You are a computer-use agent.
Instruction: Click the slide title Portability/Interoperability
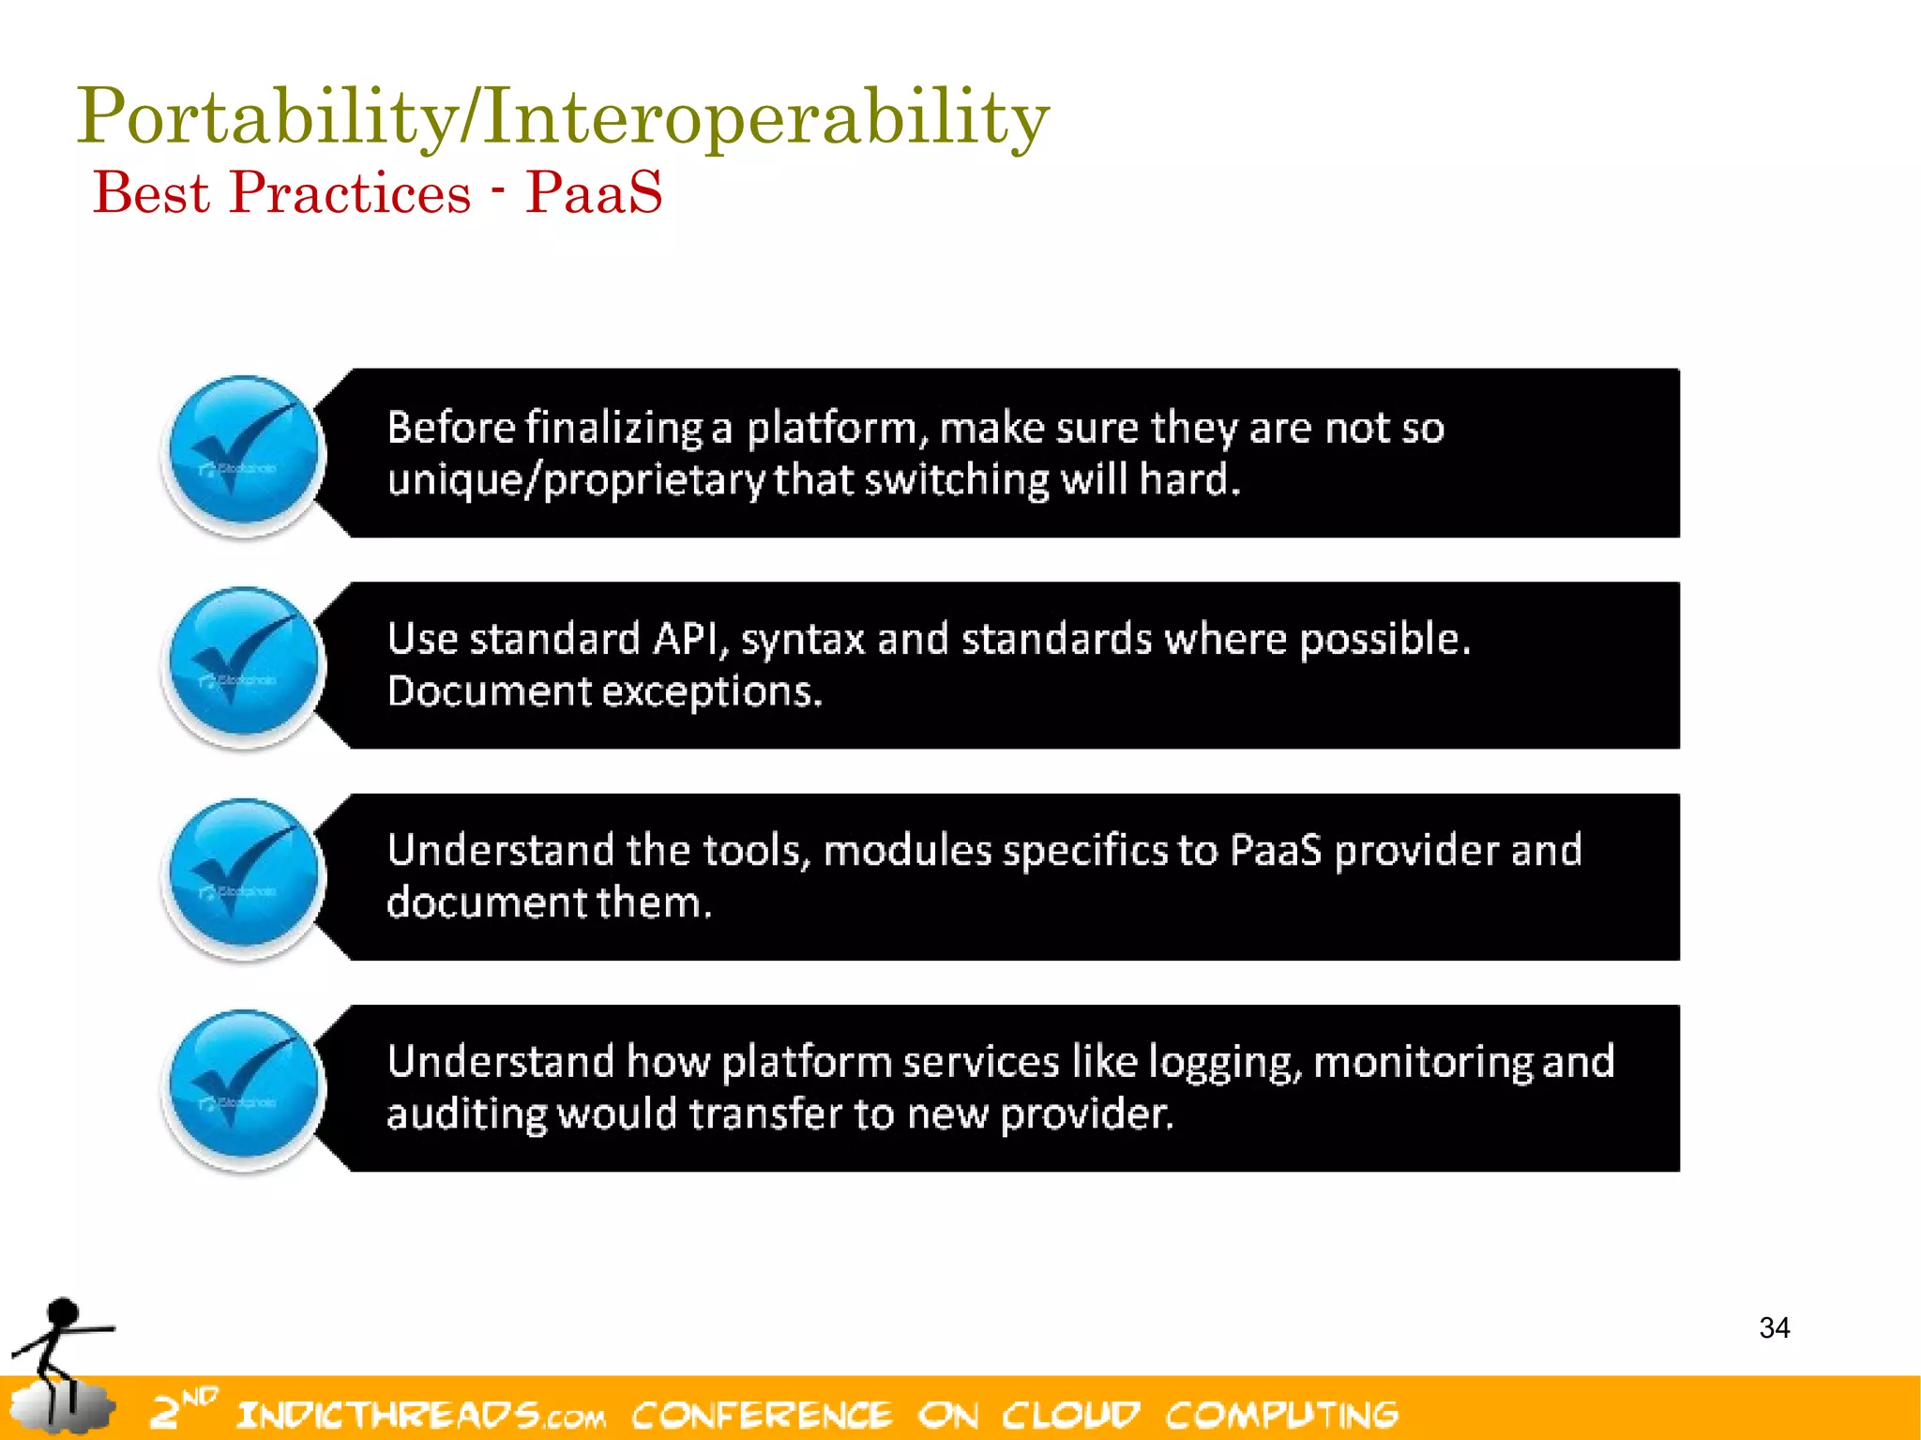(x=563, y=117)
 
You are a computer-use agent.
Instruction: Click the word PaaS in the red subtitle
(x=594, y=192)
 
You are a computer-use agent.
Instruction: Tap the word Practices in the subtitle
(x=349, y=192)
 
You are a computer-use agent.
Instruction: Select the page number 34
(x=1774, y=1327)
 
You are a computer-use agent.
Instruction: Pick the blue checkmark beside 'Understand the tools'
(x=245, y=876)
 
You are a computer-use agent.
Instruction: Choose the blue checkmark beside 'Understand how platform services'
(x=245, y=1087)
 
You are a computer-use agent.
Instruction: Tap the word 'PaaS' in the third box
(x=1275, y=850)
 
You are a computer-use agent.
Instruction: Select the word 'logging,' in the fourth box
(x=1226, y=1062)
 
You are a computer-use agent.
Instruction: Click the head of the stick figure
(x=62, y=1311)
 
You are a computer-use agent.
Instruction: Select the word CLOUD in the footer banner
(x=1070, y=1414)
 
